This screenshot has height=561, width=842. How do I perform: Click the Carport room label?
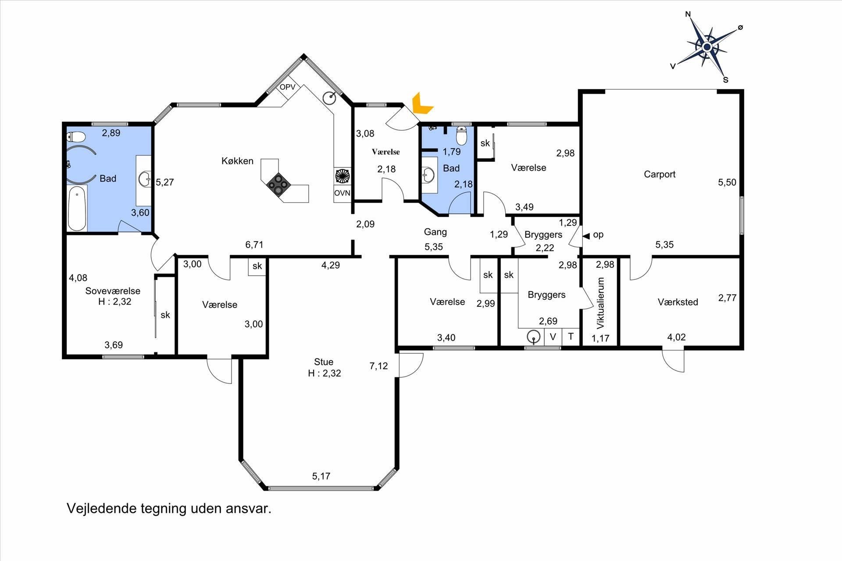click(x=660, y=174)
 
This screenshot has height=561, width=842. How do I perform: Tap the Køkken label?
click(x=237, y=161)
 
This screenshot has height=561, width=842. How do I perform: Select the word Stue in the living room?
click(x=324, y=362)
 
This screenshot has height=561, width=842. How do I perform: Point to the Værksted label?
click(x=678, y=302)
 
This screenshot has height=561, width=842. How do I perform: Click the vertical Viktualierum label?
click(x=600, y=303)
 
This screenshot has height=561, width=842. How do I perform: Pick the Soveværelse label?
click(x=113, y=291)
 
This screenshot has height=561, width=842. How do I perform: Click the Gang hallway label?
click(x=435, y=232)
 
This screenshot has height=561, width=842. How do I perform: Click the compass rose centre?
click(x=706, y=47)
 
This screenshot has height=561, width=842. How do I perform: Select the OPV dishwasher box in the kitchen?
click(x=288, y=87)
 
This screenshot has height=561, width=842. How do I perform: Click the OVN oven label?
click(x=342, y=193)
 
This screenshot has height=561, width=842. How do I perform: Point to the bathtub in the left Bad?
click(x=77, y=208)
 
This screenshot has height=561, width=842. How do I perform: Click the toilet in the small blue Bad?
click(x=461, y=136)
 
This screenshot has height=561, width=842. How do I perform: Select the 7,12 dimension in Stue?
click(x=378, y=366)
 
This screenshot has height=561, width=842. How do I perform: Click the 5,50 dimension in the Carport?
click(x=727, y=182)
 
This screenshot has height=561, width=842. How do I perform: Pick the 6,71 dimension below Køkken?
click(x=254, y=245)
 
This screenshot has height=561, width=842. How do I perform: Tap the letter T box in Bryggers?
click(x=571, y=337)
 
